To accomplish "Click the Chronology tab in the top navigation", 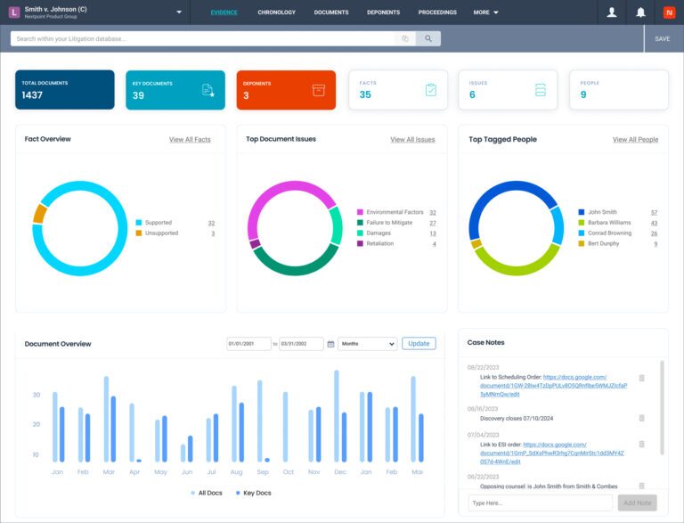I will [276, 12].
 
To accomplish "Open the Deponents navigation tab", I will [383, 12].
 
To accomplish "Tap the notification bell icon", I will [640, 12].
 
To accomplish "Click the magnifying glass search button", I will [428, 39].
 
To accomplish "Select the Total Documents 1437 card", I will [64, 90].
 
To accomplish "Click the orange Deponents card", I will [286, 90].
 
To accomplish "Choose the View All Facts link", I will [190, 140].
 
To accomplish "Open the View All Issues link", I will [412, 140].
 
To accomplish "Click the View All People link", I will [635, 140].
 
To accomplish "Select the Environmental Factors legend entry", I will [395, 212].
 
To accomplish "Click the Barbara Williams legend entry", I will [609, 223].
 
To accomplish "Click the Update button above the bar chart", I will [419, 343].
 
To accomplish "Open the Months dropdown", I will [367, 344].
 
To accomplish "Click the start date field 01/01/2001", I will [248, 344].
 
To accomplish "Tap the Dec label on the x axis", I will [339, 471].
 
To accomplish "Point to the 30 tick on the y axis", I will [36, 395].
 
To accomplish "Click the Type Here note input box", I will [540, 503].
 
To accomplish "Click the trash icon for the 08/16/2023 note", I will [641, 418].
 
